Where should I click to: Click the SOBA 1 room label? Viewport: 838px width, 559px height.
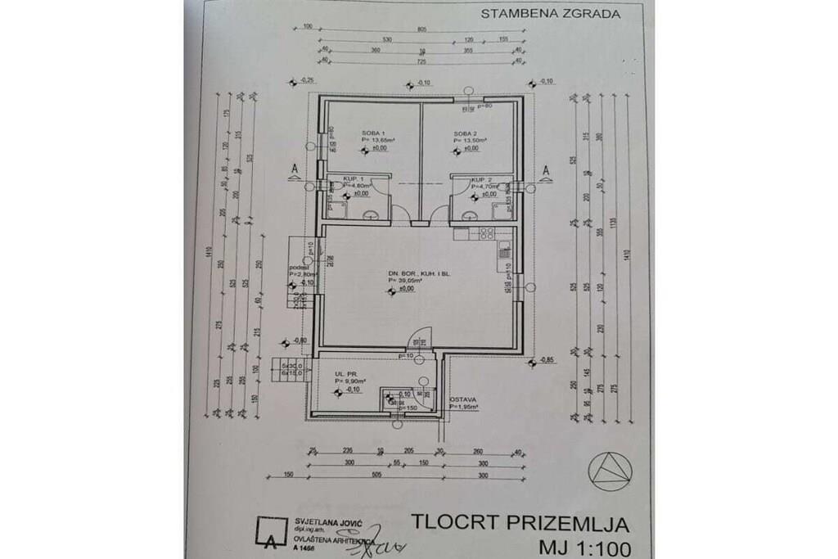coord(372,133)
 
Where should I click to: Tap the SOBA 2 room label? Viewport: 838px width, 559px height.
coord(464,133)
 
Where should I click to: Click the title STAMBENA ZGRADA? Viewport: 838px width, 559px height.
coord(550,13)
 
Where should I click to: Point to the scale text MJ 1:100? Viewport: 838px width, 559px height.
coord(583,547)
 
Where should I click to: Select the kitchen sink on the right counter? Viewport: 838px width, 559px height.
coord(505,254)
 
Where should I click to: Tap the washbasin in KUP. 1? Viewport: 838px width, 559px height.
coord(372,217)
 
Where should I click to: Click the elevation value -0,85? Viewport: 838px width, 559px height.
coord(547,359)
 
